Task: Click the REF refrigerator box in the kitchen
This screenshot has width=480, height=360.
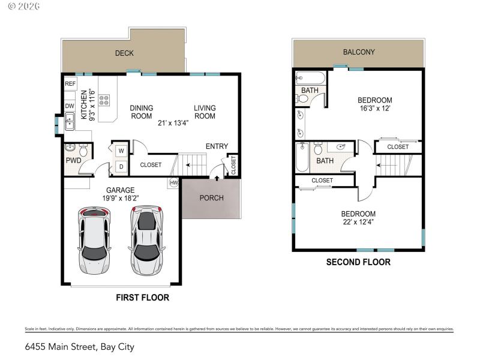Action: pyautogui.click(x=70, y=84)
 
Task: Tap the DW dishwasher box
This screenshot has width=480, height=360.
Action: pyautogui.click(x=70, y=106)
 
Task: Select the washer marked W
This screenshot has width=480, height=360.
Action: pyautogui.click(x=121, y=150)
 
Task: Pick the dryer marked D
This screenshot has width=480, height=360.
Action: pyautogui.click(x=121, y=166)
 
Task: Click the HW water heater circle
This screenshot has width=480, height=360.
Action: pyautogui.click(x=174, y=182)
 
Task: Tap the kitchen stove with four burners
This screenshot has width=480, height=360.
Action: pyautogui.click(x=104, y=100)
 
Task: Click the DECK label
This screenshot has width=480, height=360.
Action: pyautogui.click(x=124, y=53)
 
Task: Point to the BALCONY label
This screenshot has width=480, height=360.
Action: pyautogui.click(x=359, y=52)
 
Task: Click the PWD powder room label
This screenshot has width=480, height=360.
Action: pyautogui.click(x=74, y=161)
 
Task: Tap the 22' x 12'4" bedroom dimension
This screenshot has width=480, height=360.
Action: pyautogui.click(x=358, y=223)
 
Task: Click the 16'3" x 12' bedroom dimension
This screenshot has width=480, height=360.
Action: pyautogui.click(x=374, y=109)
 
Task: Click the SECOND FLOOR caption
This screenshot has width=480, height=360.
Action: pyautogui.click(x=358, y=262)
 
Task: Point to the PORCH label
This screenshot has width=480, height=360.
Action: pyautogui.click(x=211, y=198)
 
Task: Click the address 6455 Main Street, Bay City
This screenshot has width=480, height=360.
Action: pyautogui.click(x=79, y=347)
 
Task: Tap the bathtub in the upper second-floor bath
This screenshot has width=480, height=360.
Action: pyautogui.click(x=310, y=77)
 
